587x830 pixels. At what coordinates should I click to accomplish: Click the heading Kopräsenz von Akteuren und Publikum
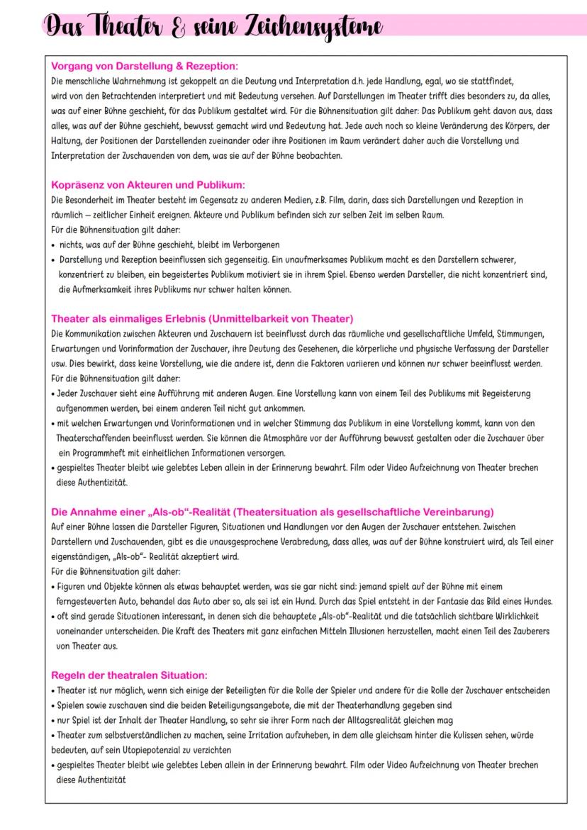(147, 185)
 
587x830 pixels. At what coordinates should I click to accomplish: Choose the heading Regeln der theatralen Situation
(130, 675)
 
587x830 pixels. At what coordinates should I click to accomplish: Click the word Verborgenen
(251, 245)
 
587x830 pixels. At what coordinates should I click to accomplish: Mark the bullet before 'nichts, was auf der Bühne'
(55, 245)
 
